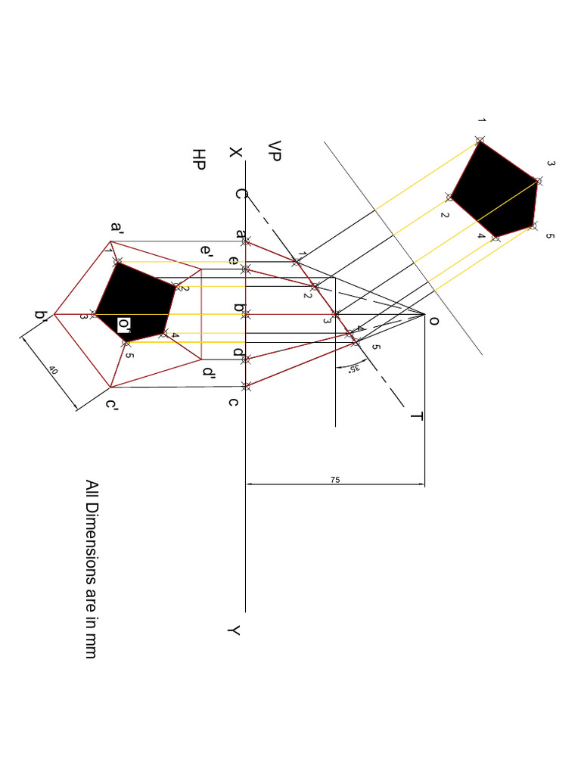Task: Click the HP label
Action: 199,159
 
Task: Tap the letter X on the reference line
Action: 236,152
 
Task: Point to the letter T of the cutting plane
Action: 416,416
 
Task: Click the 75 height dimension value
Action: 334,480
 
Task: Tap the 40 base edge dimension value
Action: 53,370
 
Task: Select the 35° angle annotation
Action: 353,369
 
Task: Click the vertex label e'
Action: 207,250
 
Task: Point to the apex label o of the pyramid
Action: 433,321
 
